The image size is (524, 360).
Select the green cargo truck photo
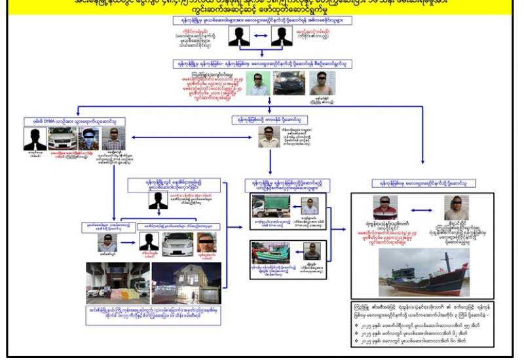pyautogui.click(x=271, y=206)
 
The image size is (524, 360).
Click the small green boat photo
pyautogui.click(x=271, y=252)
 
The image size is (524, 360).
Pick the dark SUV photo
pyautogui.click(x=290, y=84)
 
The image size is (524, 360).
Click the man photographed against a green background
pyautogui.click(x=258, y=84)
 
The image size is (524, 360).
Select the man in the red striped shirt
pyautogui.click(x=385, y=207)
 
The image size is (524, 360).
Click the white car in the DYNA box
pyautogui.click(x=62, y=139)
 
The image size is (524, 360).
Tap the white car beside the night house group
pyautogui.click(x=177, y=243)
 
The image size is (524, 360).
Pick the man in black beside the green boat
pyautogui.click(x=312, y=252)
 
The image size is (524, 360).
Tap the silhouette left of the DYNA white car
pyautogui.click(x=35, y=139)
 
